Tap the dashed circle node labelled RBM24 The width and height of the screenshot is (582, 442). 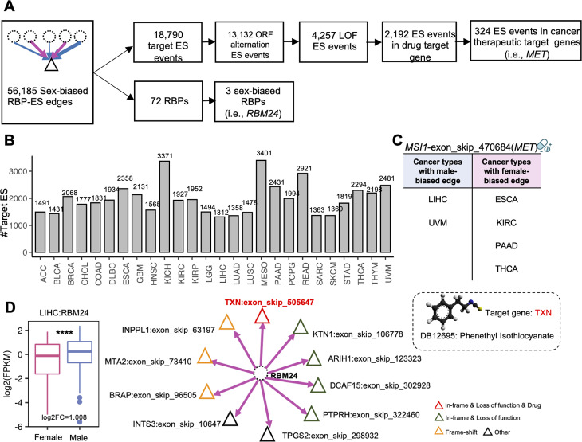[x=261, y=372]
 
